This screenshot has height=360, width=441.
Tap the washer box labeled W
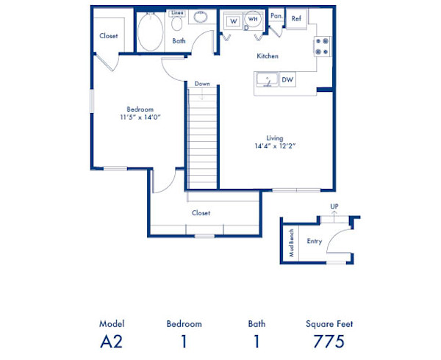[x=232, y=21]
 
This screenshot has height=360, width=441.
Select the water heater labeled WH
[x=253, y=20]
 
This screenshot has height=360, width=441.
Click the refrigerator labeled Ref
[x=295, y=19]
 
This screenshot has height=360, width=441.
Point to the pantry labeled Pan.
[x=276, y=15]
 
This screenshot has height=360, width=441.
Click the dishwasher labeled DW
[x=287, y=80]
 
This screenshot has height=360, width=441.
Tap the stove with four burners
[x=323, y=46]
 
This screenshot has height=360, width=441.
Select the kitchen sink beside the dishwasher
[x=267, y=79]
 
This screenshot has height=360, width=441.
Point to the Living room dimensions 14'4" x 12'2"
[x=276, y=145]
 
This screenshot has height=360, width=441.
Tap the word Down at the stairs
[x=202, y=84]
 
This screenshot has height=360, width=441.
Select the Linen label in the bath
[x=177, y=13]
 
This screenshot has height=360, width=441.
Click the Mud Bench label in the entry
[x=290, y=242]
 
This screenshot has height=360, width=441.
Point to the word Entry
[x=314, y=240]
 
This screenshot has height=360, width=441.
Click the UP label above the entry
[x=334, y=207]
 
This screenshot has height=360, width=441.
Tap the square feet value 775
[x=329, y=341]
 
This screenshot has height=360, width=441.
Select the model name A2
[x=112, y=341]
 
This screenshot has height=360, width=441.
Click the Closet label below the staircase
[x=201, y=213]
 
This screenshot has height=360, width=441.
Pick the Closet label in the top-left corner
[x=109, y=35]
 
